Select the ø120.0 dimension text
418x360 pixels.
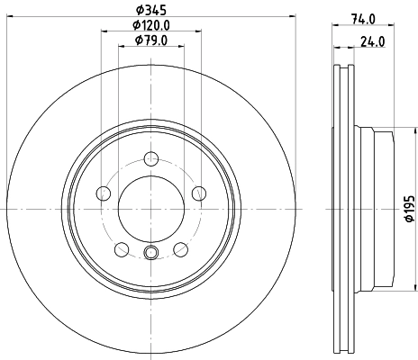[151, 24]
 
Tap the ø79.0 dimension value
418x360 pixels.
[151, 40]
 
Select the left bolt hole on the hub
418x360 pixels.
[104, 193]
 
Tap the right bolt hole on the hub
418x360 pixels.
[199, 192]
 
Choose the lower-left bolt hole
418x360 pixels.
[122, 249]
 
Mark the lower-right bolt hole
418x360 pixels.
[181, 249]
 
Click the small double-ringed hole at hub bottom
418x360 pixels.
[151, 253]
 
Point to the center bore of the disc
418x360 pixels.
[151, 209]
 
